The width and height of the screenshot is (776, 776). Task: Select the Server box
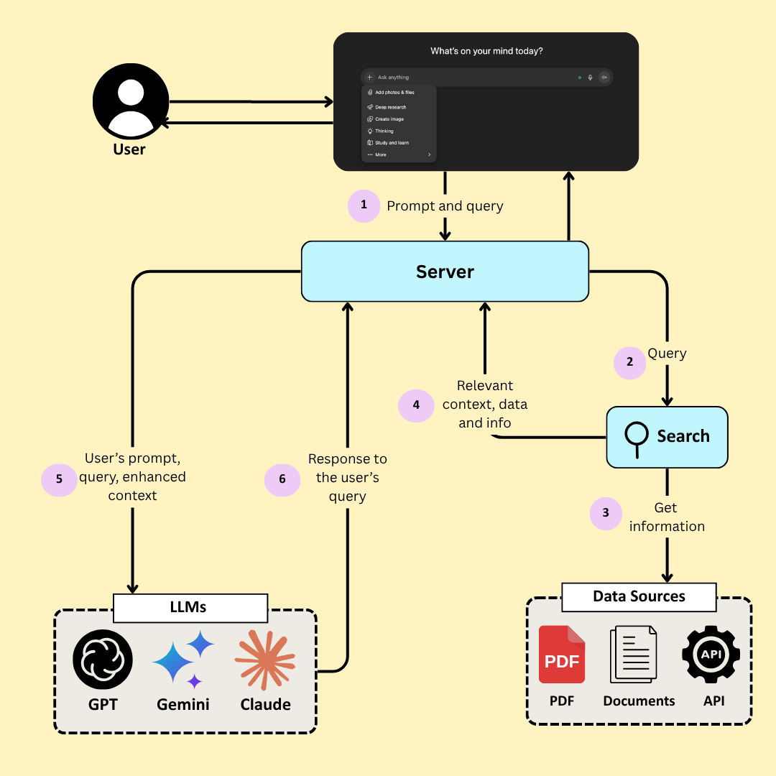(x=445, y=272)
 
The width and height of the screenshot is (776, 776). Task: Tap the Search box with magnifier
(x=667, y=436)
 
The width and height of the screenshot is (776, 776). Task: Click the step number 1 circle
(x=364, y=205)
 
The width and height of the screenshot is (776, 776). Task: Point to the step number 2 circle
(x=630, y=362)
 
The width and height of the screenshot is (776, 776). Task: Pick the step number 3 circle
(x=606, y=513)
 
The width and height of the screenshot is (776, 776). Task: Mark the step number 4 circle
(x=416, y=405)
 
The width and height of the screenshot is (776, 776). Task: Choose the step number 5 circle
(x=59, y=479)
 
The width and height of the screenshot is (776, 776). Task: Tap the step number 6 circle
(x=282, y=479)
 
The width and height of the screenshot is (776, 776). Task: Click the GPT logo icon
(x=103, y=660)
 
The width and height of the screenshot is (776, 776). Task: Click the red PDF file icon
(x=562, y=654)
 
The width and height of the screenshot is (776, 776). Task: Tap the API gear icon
(x=711, y=654)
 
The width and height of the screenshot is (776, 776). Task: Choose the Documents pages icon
(x=633, y=654)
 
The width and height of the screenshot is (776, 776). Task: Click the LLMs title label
(x=190, y=608)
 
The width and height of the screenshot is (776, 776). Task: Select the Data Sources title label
(x=639, y=596)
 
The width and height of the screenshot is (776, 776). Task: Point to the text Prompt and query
(x=445, y=206)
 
